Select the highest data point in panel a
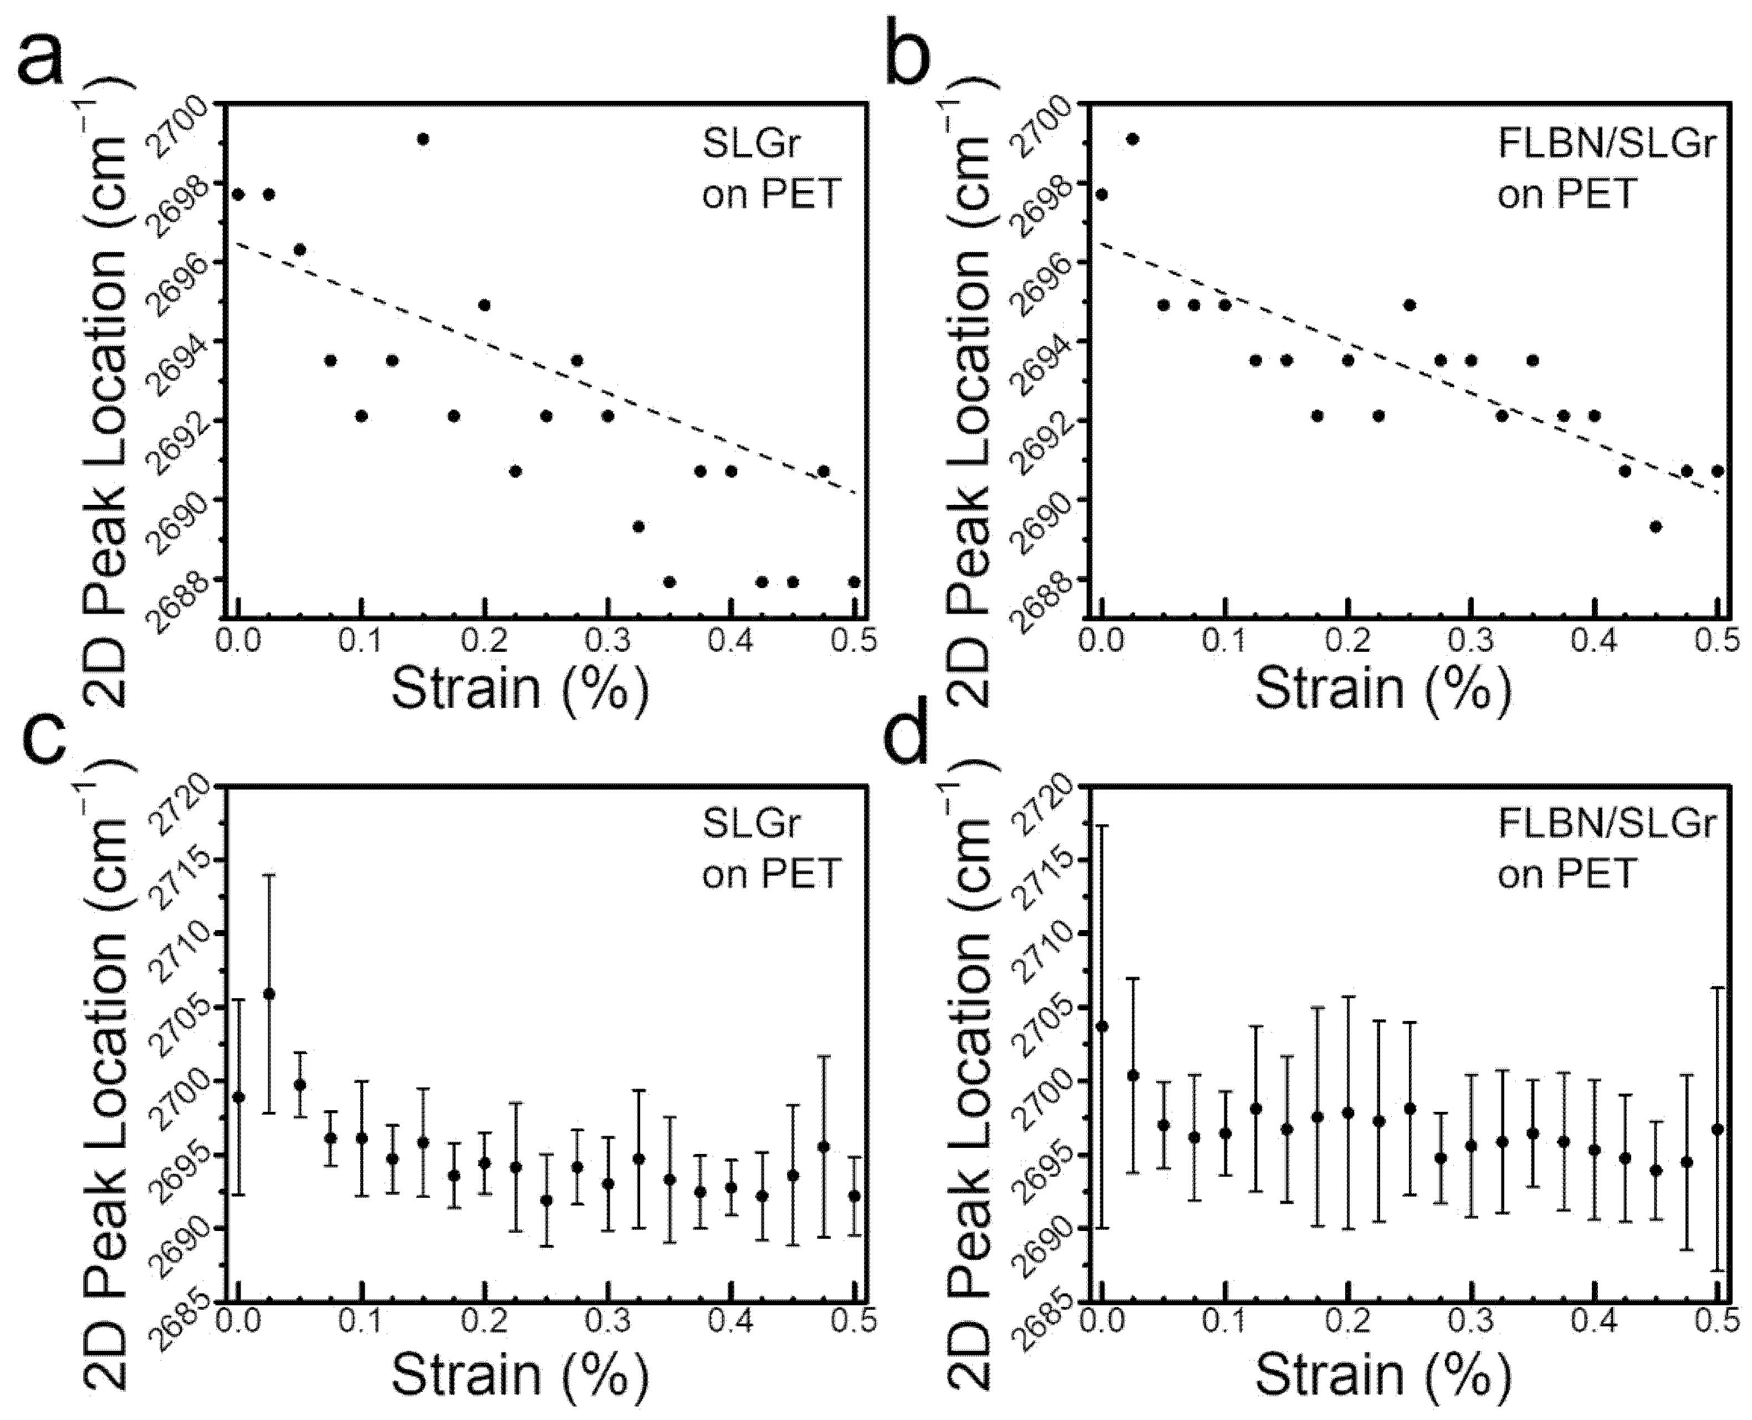coord(423,139)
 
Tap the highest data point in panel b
coord(1133,139)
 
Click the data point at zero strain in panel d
coord(1102,1026)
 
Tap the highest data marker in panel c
coord(269,994)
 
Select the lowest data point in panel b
coord(1656,526)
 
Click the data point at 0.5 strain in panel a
coord(854,581)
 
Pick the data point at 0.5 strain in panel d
coord(1718,1130)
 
